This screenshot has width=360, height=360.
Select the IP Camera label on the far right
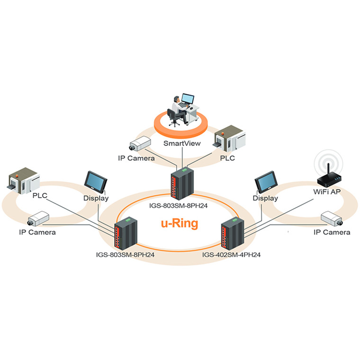coord(332,232)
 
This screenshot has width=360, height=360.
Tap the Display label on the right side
coord(265,198)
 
